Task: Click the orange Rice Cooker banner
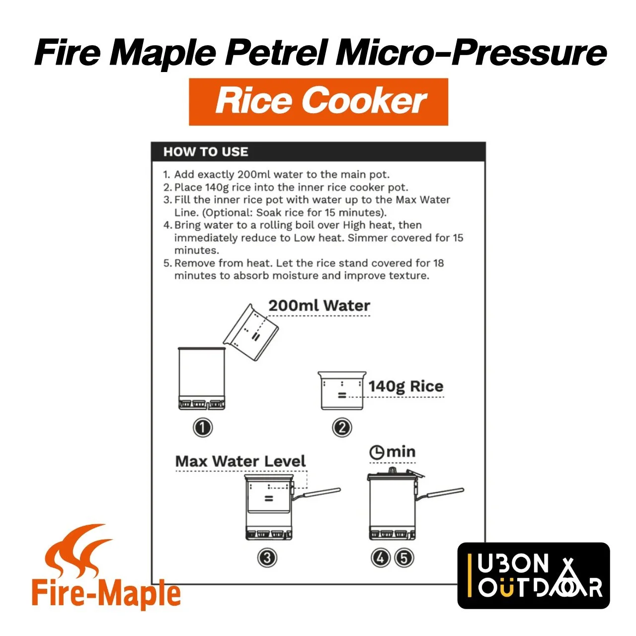click(318, 102)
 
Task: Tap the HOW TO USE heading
click(206, 152)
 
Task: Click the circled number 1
click(203, 428)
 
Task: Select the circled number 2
click(342, 428)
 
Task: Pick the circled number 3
click(267, 558)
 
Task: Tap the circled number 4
click(381, 558)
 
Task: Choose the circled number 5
click(403, 558)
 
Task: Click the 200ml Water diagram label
click(319, 306)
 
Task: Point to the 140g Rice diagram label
click(405, 387)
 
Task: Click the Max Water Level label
click(240, 461)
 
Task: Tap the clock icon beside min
click(377, 453)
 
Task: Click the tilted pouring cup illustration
click(251, 332)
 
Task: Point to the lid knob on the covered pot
click(392, 470)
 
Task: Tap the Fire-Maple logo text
click(106, 594)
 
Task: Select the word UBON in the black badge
click(513, 564)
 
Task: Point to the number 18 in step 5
click(439, 263)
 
